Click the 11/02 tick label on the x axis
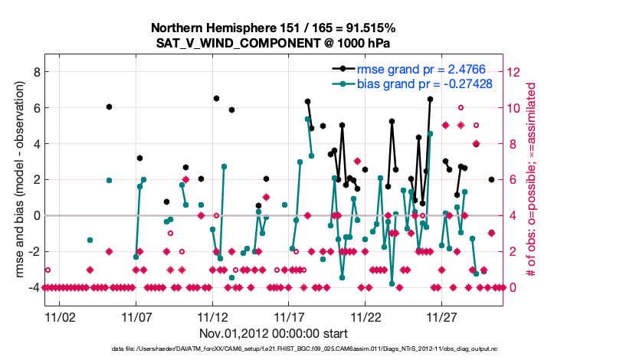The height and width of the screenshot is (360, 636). point(59,316)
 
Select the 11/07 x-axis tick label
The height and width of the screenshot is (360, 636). point(136,316)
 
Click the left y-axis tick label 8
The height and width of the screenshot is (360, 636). point(34,72)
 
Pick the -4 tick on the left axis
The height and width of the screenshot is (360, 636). point(31,287)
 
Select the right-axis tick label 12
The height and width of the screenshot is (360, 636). point(514,72)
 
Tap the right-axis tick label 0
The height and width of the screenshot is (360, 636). point(511,287)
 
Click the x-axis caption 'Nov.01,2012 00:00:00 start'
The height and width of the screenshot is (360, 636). point(274,334)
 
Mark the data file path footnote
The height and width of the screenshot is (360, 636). point(274,350)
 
